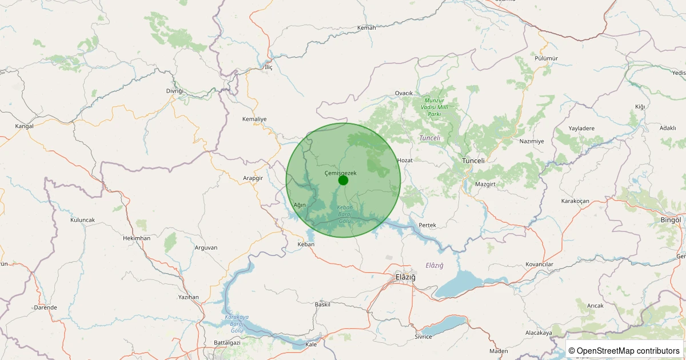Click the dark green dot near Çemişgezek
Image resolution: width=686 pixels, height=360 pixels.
point(343,181)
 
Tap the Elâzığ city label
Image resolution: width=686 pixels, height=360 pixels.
point(405,277)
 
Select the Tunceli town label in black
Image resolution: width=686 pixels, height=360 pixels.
point(473,161)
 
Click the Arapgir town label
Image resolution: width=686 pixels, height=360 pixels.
point(253,178)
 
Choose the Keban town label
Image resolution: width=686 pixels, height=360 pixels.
point(306,244)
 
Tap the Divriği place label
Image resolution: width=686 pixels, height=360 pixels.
point(175,91)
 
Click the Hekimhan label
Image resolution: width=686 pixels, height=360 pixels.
point(137,238)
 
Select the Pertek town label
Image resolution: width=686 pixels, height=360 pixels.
point(427,225)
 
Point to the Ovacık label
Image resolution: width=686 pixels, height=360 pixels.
point(404,93)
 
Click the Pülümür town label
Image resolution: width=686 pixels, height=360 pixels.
point(546,58)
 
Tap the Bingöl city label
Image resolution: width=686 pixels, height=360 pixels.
point(671,220)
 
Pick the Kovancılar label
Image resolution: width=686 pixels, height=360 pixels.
point(540,264)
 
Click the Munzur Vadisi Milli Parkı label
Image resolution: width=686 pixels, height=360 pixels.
point(438,107)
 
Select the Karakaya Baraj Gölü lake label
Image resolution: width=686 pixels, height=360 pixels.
point(237,323)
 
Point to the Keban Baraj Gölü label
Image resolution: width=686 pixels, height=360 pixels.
point(345,214)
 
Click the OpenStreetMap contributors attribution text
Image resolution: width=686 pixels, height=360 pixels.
point(625,351)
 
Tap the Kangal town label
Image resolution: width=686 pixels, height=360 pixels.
point(24,126)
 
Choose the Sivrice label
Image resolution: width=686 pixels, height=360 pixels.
point(423,337)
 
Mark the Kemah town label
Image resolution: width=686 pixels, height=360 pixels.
point(366,28)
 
